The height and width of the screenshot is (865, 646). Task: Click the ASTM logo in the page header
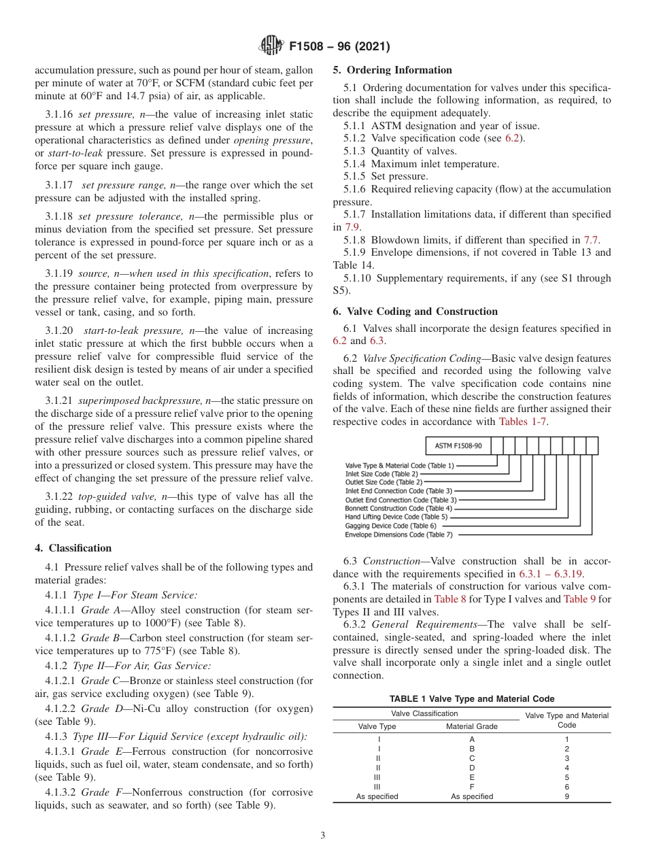click(271, 47)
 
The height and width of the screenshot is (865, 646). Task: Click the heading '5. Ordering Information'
click(392, 70)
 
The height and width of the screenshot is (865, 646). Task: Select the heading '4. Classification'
click(73, 548)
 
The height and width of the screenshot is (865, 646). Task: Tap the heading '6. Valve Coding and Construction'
click(415, 311)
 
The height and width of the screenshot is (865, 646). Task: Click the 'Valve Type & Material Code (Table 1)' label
click(399, 465)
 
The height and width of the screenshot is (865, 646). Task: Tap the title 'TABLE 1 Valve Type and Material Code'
click(471, 699)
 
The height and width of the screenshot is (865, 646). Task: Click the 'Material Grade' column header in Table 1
click(472, 726)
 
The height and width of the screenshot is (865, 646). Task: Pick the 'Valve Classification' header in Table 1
click(424, 713)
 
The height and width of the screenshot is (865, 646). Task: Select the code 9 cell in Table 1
click(566, 796)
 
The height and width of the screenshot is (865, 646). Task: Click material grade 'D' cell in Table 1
click(472, 768)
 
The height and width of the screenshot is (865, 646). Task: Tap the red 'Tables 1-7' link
click(523, 422)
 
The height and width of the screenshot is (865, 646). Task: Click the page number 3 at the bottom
click(322, 836)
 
